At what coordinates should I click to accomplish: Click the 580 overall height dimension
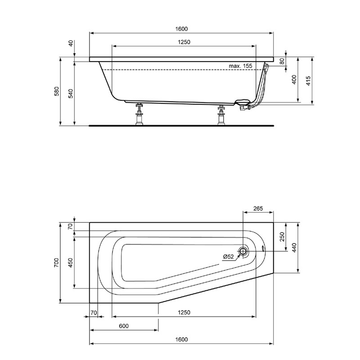57,92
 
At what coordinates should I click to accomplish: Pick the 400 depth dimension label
294,80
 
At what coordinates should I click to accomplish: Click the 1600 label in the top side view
182,29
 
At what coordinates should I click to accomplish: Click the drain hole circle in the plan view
243,252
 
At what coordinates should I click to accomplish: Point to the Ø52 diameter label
228,256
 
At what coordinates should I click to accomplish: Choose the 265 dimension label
258,209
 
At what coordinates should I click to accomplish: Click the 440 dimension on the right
294,247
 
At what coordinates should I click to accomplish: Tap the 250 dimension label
282,237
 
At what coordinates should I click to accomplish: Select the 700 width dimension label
57,263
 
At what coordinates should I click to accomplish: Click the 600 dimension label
124,326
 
